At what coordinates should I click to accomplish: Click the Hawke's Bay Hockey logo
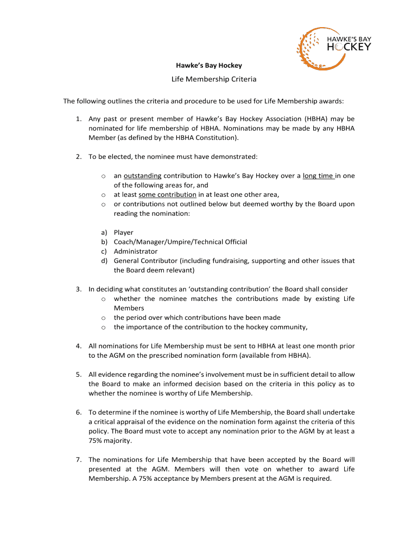pyautogui.click(x=334, y=43)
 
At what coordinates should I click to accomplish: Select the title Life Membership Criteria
pyautogui.click(x=213, y=79)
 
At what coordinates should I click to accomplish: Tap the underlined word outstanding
pyautogui.click(x=142, y=176)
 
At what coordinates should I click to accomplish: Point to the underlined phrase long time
pyautogui.click(x=319, y=176)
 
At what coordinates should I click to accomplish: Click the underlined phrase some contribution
pyautogui.click(x=167, y=195)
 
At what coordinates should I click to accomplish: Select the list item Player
pyautogui.click(x=123, y=233)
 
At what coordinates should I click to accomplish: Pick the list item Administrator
pyautogui.click(x=136, y=251)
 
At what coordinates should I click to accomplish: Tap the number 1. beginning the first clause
pyautogui.click(x=79, y=119)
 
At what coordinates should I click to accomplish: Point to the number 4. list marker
pyautogui.click(x=79, y=346)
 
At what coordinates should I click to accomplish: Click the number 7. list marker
pyautogui.click(x=79, y=460)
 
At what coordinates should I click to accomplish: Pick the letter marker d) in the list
pyautogui.click(x=104, y=261)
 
